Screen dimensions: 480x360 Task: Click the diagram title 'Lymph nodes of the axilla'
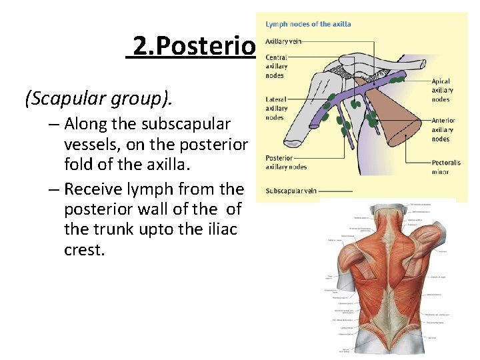pyautogui.click(x=308, y=25)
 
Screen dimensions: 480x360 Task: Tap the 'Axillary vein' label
pyautogui.click(x=285, y=41)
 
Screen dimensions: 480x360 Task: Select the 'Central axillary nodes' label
pyautogui.click(x=277, y=66)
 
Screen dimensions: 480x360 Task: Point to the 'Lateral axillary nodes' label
pyautogui.click(x=277, y=108)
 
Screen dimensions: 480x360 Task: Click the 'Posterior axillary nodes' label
pyautogui.click(x=286, y=162)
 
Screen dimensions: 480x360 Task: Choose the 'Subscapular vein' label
pyautogui.click(x=291, y=191)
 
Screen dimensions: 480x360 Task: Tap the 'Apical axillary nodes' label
pyautogui.click(x=442, y=90)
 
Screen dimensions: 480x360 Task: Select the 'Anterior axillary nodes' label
pyautogui.click(x=442, y=130)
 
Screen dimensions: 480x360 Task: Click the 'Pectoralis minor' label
pyautogui.click(x=443, y=167)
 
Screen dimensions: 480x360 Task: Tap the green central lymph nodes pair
pyautogui.click(x=357, y=104)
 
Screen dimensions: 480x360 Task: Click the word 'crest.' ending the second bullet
pyautogui.click(x=85, y=252)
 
